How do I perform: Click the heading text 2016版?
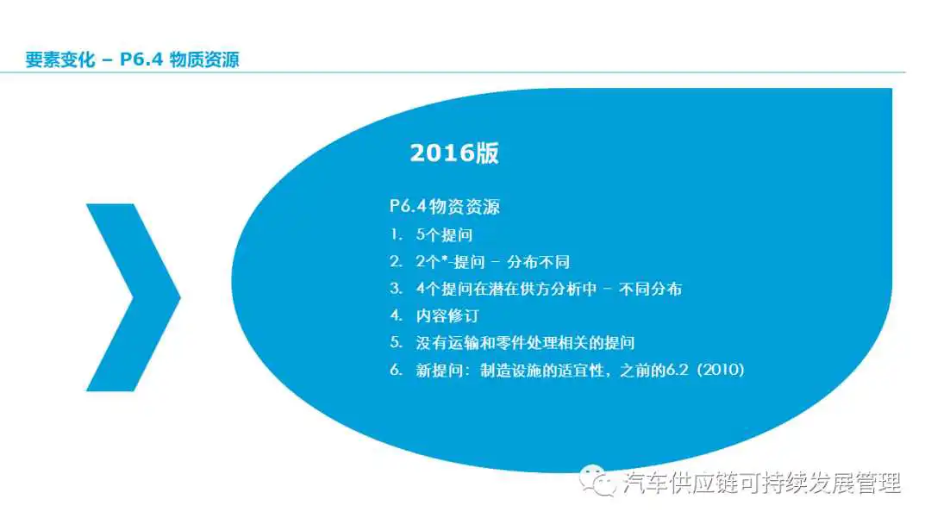coord(454,153)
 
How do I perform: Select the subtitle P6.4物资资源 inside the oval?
coord(445,207)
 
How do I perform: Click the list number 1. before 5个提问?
coord(396,235)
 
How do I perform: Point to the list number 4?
coord(396,315)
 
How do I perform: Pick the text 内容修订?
coord(447,315)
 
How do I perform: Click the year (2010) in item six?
coord(721,370)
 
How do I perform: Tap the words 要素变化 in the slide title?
coord(60,59)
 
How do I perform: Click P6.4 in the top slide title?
coord(141,59)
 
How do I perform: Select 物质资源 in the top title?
coord(204,59)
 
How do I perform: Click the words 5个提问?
coord(444,235)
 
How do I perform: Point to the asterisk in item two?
coord(444,259)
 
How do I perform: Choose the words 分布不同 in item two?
coord(538,262)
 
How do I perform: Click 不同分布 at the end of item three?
coord(650,289)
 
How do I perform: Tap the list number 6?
coord(396,370)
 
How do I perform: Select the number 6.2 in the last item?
coord(677,370)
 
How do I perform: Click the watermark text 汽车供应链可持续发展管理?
coord(762,483)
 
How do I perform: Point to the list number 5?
coord(396,342)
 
